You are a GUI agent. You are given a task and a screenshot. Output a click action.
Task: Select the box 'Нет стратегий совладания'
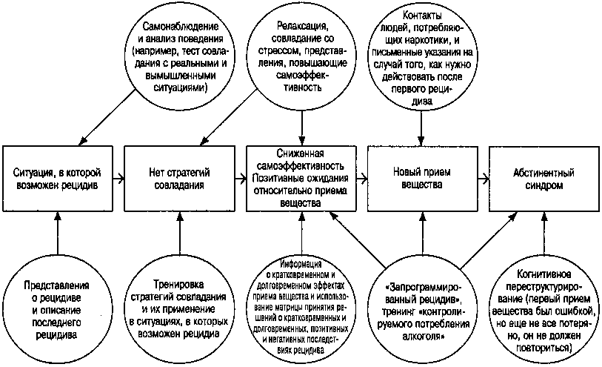[x=180, y=177]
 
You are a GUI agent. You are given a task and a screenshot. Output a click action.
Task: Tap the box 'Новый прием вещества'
[x=422, y=177]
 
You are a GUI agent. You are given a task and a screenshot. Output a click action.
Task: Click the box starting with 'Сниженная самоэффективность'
[x=301, y=177]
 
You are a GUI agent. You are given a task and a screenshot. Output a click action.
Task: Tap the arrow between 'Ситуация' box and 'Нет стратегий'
[x=118, y=178]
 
